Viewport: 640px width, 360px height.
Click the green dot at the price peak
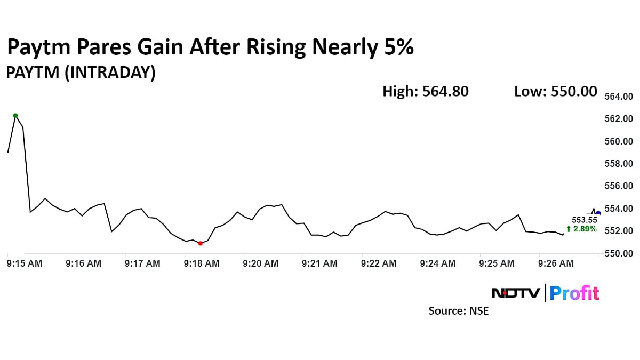pos(15,115)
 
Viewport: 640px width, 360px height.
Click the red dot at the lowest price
pos(200,243)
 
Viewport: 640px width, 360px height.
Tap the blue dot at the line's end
pos(598,213)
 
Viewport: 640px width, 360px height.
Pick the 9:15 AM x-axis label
pos(24,263)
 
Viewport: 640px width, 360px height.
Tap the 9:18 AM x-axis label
pos(201,263)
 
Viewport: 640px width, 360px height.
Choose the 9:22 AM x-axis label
pos(379,263)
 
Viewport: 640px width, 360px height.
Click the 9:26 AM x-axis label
pos(556,263)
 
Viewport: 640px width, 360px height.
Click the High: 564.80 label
pos(425,92)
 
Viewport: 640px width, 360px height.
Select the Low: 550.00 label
pos(555,92)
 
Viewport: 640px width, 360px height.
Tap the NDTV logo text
pos(515,293)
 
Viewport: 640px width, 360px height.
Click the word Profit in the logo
pos(574,293)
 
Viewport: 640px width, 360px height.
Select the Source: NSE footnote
pos(458,310)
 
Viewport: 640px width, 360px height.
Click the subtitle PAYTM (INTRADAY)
pos(81,73)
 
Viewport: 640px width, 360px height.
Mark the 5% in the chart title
pos(397,48)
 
